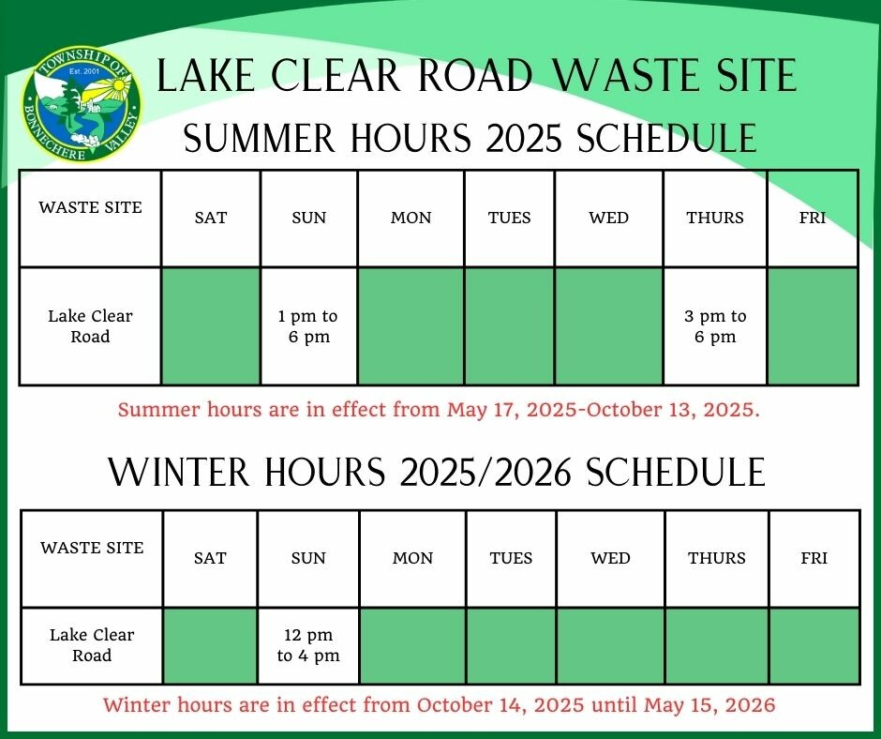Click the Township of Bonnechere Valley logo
(x=82, y=104)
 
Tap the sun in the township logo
(x=118, y=84)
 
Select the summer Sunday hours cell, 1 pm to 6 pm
(x=308, y=326)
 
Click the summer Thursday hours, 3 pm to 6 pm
(x=715, y=326)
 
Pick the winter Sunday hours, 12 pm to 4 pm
(x=308, y=645)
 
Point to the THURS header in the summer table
(x=715, y=218)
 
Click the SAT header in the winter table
(x=210, y=558)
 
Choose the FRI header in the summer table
(x=813, y=218)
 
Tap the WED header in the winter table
(x=610, y=558)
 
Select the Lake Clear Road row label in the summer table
(x=90, y=326)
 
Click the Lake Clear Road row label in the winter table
(x=92, y=645)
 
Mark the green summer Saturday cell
(x=211, y=326)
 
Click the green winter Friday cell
(x=814, y=645)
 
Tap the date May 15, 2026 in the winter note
(x=709, y=704)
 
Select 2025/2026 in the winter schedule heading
(x=485, y=472)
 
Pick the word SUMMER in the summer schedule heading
(x=259, y=138)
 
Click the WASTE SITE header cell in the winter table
(x=92, y=558)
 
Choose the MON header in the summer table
(x=411, y=218)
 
